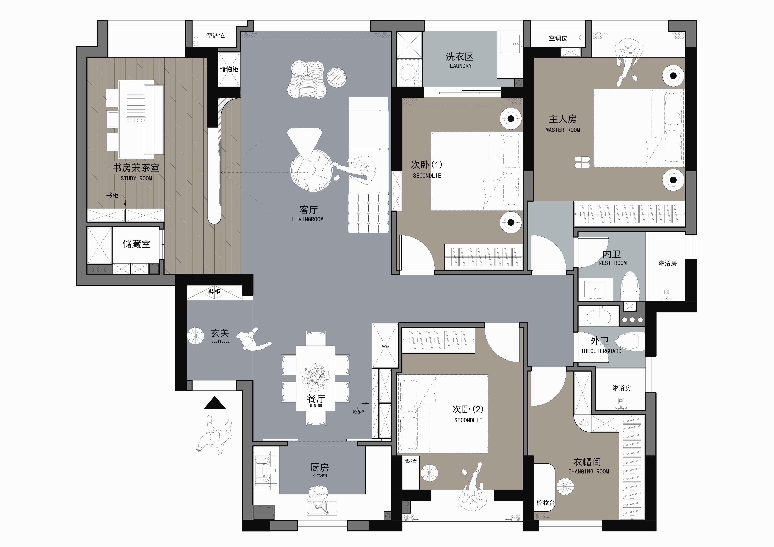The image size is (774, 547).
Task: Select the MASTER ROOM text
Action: [x=563, y=130]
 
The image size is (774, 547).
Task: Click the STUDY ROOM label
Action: [x=136, y=178]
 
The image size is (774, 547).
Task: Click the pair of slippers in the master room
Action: [x=582, y=162]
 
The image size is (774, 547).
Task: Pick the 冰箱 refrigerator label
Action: [x=385, y=346]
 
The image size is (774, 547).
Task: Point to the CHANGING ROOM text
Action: [x=589, y=472]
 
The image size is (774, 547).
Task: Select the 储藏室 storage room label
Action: [x=136, y=244]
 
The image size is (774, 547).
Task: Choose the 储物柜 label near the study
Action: [x=229, y=69]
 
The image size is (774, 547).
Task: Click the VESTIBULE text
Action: [x=220, y=341]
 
